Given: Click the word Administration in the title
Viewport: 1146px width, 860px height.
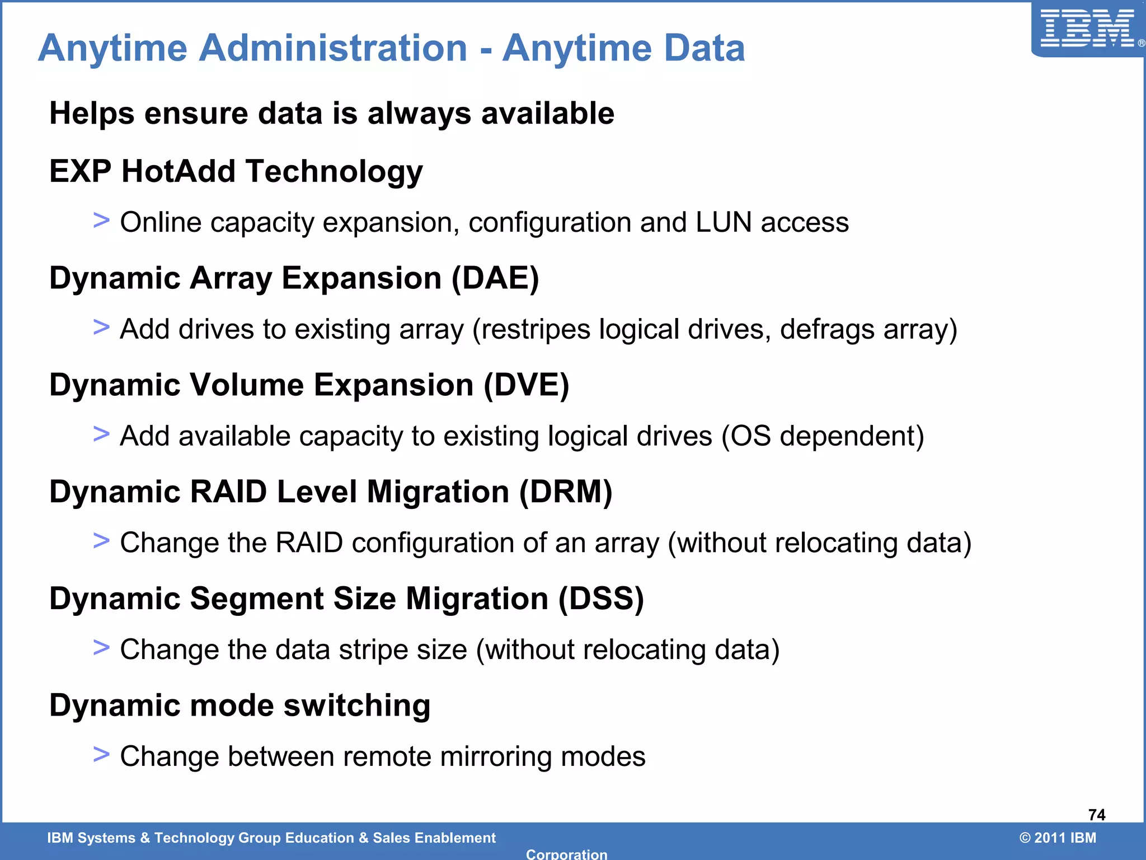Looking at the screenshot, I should pos(333,48).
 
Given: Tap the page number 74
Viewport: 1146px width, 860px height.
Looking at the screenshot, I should pos(1097,815).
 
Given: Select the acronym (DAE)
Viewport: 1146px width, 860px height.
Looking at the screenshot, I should pos(495,278).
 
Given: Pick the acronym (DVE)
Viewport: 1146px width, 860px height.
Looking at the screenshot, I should pos(526,385).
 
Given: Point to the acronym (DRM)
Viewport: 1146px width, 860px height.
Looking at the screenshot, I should pos(566,492).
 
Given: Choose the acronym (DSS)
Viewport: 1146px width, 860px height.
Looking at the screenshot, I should pos(601,599).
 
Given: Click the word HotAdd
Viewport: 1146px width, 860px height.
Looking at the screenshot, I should pos(179,171).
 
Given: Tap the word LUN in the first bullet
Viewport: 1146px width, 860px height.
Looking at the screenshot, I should pos(724,222).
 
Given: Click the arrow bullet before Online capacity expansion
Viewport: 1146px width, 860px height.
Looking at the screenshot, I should pos(101,220).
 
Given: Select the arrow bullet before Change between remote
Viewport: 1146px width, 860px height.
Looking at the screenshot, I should pos(101,754).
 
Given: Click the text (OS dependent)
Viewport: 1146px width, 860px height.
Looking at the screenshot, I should pos(823,436).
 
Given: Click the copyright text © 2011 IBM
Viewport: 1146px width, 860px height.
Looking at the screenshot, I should pos(1058,838).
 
